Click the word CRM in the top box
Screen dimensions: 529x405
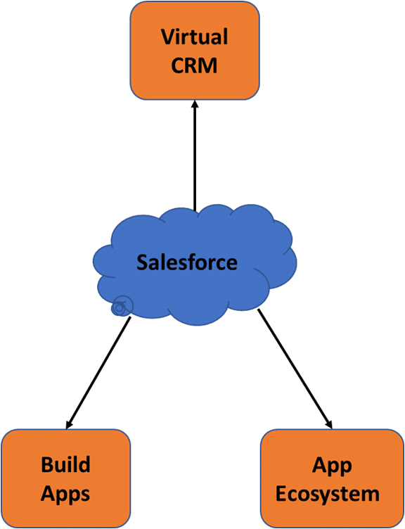click(x=195, y=67)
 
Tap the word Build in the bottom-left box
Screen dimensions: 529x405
click(x=65, y=464)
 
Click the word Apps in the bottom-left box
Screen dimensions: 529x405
click(x=65, y=493)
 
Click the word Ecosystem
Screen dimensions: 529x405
click(x=327, y=493)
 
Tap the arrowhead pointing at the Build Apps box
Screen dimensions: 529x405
click(x=70, y=423)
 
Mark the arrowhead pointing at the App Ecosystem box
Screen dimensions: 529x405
click(x=327, y=423)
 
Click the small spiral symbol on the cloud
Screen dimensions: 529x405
click(x=121, y=306)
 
